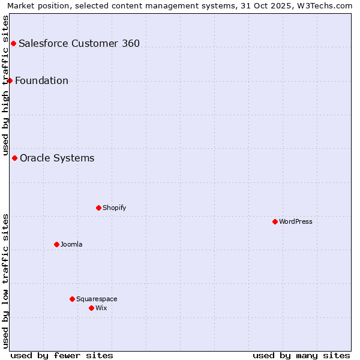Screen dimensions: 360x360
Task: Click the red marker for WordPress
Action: click(x=275, y=221)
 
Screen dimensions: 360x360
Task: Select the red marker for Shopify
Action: click(x=98, y=208)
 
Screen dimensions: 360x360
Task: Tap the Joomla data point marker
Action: click(x=56, y=244)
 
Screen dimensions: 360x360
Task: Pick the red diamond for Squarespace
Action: click(x=72, y=299)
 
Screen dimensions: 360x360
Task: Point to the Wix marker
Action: click(x=91, y=308)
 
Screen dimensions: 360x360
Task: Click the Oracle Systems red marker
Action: click(x=14, y=158)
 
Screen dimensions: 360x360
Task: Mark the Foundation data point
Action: click(x=10, y=80)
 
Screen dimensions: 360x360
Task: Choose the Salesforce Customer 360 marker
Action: click(x=13, y=43)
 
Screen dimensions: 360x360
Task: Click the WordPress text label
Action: click(x=296, y=221)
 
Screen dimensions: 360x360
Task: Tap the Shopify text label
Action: click(x=114, y=208)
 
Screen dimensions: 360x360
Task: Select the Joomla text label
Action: click(x=71, y=244)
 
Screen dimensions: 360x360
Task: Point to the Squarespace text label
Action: click(x=97, y=299)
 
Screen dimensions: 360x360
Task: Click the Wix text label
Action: click(x=101, y=308)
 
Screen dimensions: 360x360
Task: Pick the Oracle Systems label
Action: click(x=57, y=158)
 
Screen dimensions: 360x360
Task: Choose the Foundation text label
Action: click(x=41, y=81)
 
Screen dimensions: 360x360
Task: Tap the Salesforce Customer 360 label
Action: click(x=79, y=43)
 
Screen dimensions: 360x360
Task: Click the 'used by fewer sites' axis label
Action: click(x=62, y=355)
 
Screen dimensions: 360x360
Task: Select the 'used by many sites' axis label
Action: click(x=301, y=355)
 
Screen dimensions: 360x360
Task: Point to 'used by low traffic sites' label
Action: click(x=6, y=281)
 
